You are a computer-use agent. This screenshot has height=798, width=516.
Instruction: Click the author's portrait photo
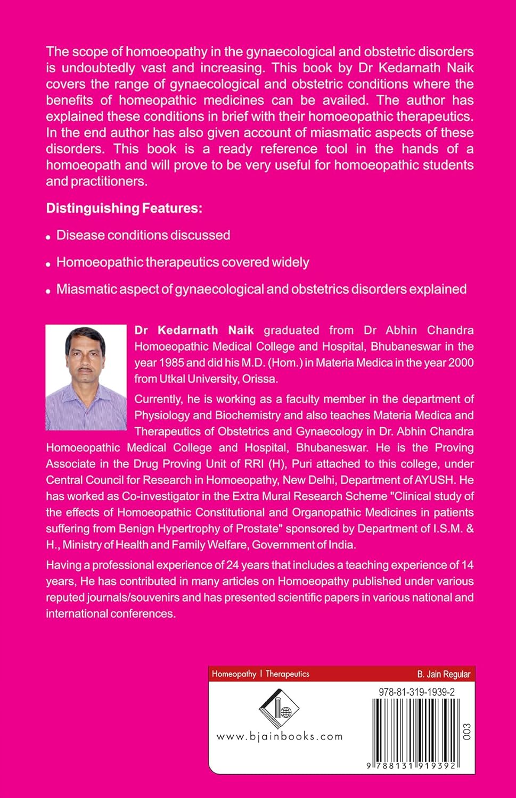coord(86,377)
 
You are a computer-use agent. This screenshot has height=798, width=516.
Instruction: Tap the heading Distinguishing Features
coord(124,208)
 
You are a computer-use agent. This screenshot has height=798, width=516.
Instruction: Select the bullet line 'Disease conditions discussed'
coord(143,235)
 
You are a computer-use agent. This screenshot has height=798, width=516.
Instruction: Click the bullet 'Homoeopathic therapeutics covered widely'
coord(183,262)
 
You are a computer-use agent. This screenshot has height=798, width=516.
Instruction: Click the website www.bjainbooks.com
coord(280,737)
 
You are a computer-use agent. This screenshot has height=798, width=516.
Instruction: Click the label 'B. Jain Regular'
coord(444,674)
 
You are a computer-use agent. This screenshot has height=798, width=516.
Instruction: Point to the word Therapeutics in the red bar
coord(287,674)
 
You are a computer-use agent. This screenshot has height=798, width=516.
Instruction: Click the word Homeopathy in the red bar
coord(234,674)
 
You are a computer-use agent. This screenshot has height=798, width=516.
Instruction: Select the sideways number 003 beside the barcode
coord(468,732)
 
